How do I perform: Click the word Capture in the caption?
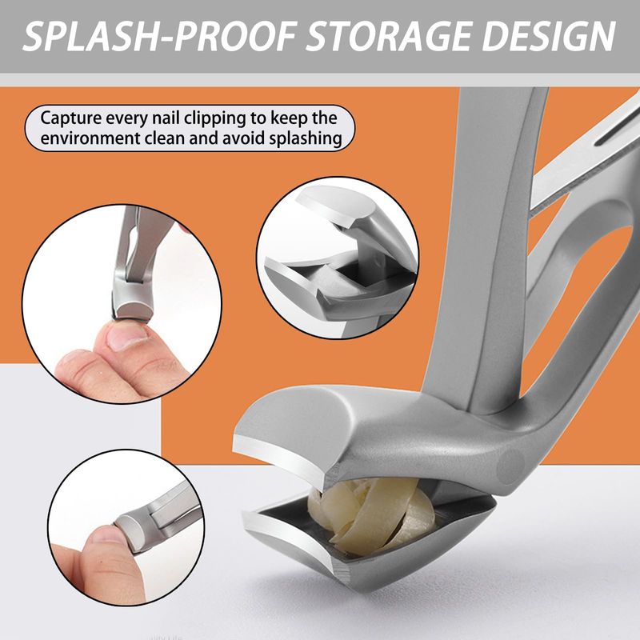[71, 118]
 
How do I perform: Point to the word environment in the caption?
[89, 138]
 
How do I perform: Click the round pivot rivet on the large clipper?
[511, 464]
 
